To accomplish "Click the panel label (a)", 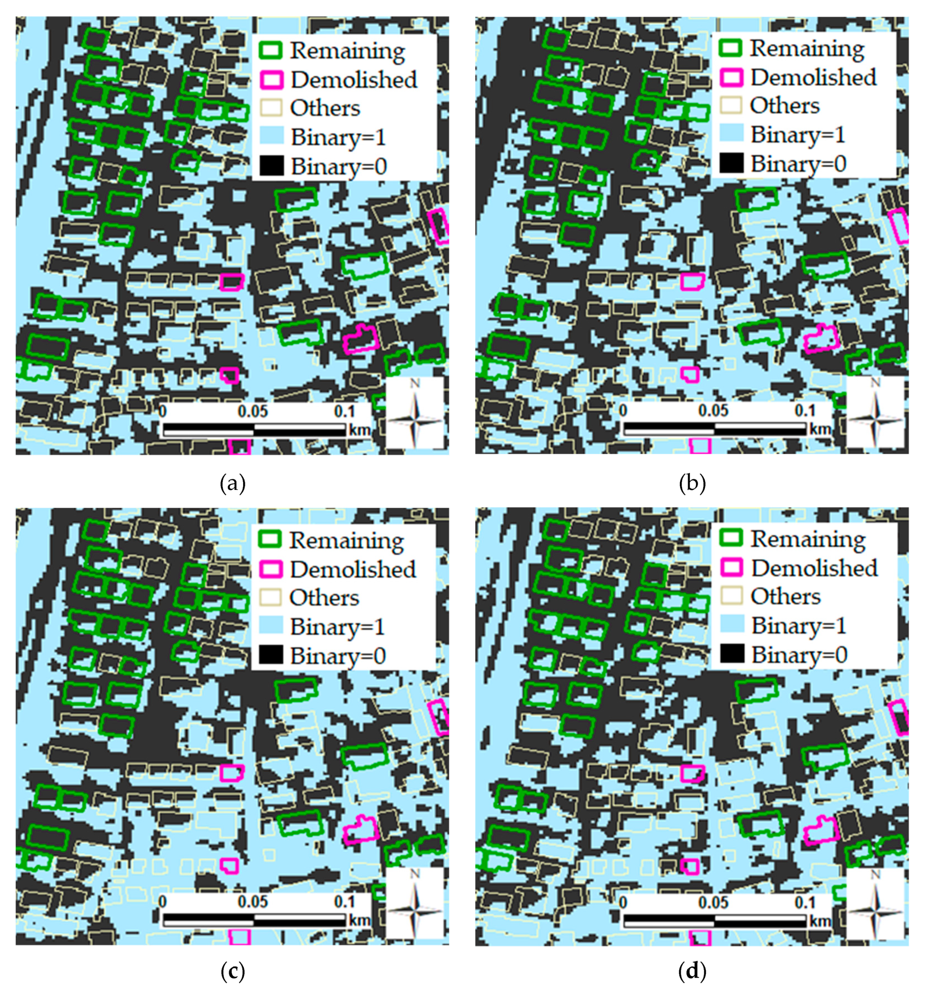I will tap(232, 483).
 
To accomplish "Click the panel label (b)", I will tap(692, 483).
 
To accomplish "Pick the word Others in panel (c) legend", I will tap(324, 597).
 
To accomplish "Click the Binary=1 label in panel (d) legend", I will tap(799, 625).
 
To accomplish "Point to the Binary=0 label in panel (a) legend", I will tap(339, 166).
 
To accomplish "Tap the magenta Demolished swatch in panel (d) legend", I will tap(732, 567).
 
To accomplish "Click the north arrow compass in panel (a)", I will tap(415, 413).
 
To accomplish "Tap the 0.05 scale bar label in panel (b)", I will tap(713, 411).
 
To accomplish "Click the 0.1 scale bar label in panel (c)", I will tap(344, 901).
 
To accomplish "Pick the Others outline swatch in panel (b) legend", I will tap(732, 105).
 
